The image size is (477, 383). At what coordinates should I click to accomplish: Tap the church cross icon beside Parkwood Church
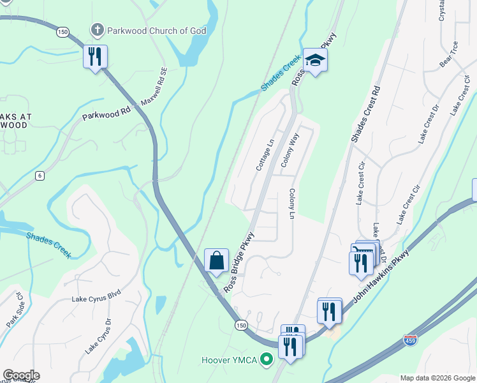point(96,29)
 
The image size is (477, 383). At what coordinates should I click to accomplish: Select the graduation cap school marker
point(314,61)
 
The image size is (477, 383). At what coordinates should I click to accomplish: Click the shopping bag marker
point(216,260)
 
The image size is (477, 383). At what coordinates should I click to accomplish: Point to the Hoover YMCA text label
point(229,361)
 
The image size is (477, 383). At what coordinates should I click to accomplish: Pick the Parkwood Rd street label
point(106,113)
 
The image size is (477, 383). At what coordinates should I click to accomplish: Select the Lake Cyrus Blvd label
point(96,298)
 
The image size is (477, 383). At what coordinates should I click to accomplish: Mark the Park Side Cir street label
point(15,310)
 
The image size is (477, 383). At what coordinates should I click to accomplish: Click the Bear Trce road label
point(449,55)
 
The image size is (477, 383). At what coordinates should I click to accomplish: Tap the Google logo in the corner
point(20,375)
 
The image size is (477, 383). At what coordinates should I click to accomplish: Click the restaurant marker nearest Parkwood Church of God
point(95,57)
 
